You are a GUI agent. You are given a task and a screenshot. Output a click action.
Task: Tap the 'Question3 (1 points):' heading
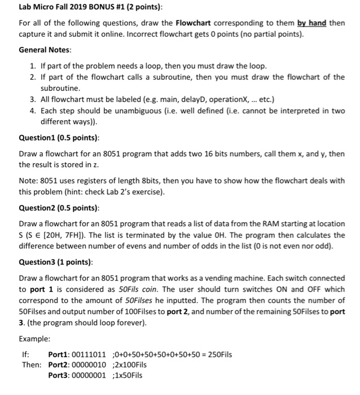click(x=55, y=263)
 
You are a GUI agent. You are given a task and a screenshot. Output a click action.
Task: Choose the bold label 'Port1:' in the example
click(x=59, y=354)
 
